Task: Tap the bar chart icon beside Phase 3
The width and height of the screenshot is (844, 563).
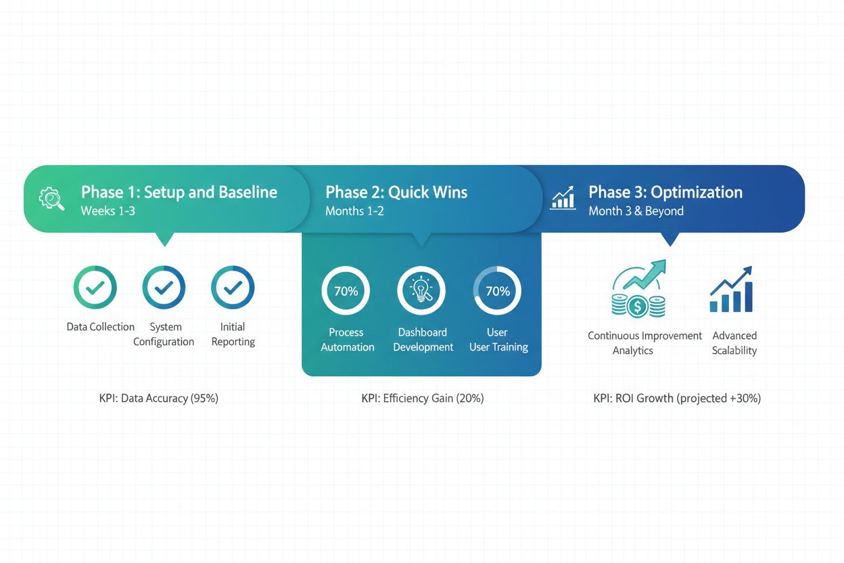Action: tap(563, 198)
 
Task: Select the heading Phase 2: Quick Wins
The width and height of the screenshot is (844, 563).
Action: tap(396, 192)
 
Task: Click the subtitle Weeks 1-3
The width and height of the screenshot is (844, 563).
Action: tap(108, 211)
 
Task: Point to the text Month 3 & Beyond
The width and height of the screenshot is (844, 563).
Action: tap(636, 211)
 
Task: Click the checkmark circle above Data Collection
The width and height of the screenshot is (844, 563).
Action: tap(95, 288)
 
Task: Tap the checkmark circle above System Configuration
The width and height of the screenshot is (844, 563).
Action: tap(164, 288)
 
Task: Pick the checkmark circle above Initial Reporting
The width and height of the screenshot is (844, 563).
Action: tap(233, 288)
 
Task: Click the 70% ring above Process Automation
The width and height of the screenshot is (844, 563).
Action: tap(346, 291)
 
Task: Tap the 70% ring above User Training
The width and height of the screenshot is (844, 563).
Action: tap(497, 291)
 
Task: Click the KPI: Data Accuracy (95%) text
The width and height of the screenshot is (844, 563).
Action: tap(159, 399)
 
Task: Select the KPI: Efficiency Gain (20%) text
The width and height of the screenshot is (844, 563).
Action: tap(423, 399)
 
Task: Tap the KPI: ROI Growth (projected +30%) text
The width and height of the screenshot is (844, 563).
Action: tap(677, 399)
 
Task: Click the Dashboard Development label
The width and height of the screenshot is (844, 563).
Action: tap(423, 340)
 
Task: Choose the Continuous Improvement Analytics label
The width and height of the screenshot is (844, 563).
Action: tap(644, 343)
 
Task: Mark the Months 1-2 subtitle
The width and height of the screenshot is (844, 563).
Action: tap(354, 211)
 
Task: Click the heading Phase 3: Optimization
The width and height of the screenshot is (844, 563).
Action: tap(665, 192)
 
